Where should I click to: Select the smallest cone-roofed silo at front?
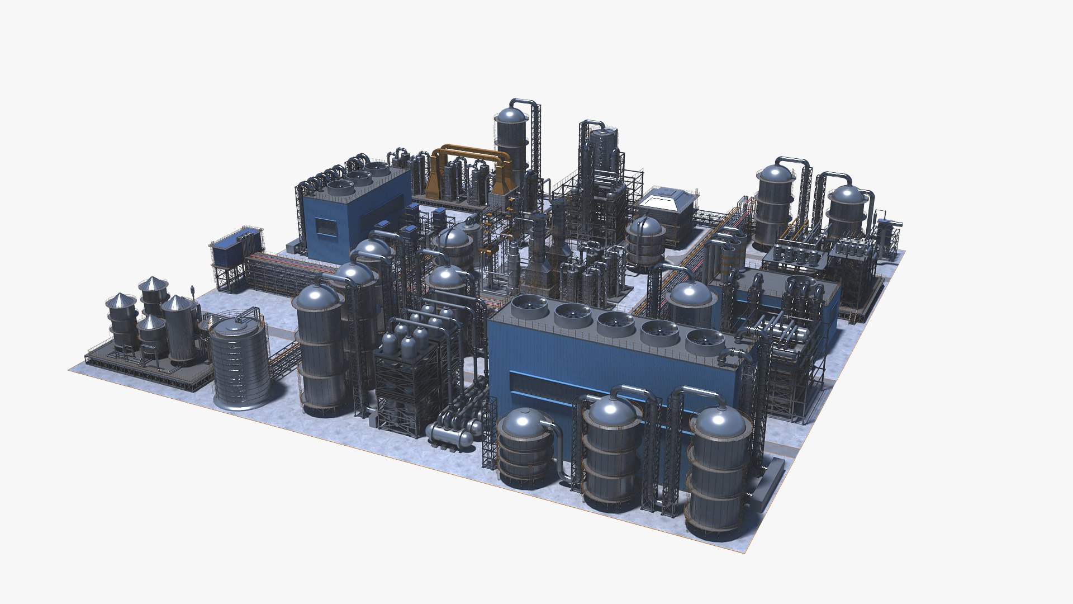(x=151, y=336)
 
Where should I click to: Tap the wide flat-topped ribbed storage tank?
(x=239, y=361)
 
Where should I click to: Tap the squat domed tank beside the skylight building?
(x=644, y=242)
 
